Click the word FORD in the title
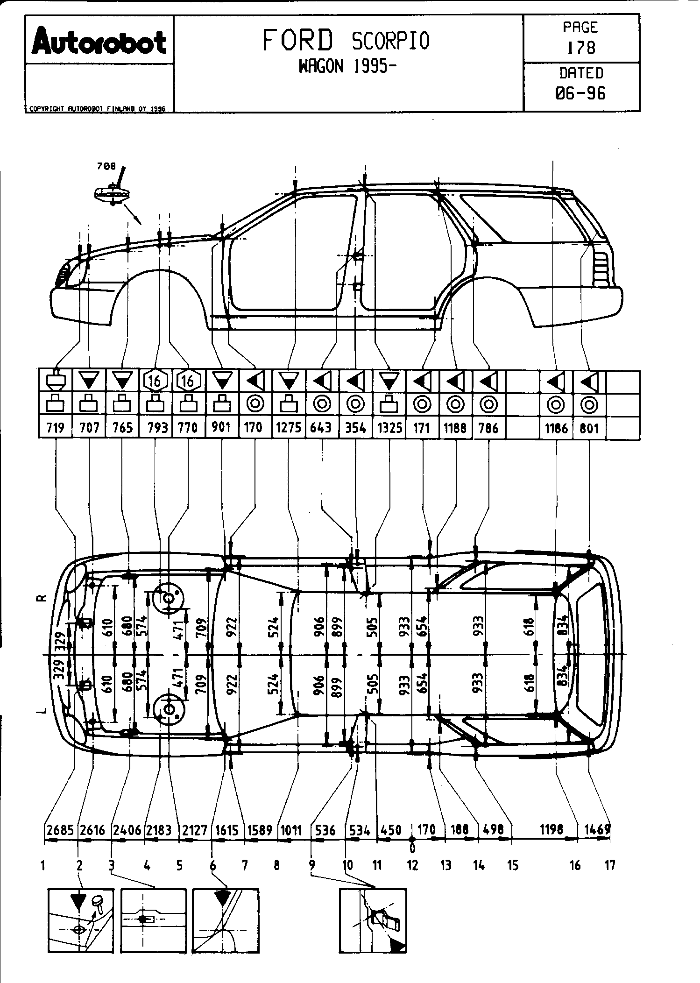298,40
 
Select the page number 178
581,48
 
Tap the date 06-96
580,93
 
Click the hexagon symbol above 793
155,381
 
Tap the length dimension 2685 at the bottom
60,830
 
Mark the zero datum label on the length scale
412,846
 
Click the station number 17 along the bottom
610,865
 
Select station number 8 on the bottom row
277,865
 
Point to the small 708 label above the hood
106,166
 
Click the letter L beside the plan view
42,711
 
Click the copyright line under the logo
98,109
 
